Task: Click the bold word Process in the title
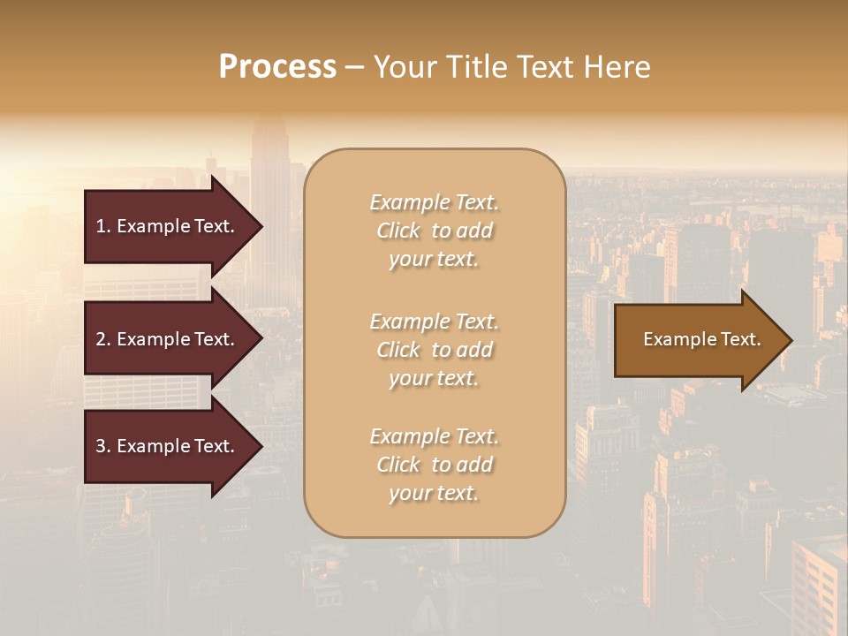coord(277,67)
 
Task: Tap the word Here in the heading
coord(616,67)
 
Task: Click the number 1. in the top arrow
coord(102,226)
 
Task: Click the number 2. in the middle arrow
coord(102,339)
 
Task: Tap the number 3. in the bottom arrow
coord(102,446)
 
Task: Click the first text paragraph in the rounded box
coord(434,231)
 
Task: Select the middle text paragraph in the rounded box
coord(434,350)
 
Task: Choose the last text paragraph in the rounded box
coord(434,465)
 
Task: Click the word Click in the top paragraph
coord(398,231)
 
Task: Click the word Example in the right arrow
coord(676,339)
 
